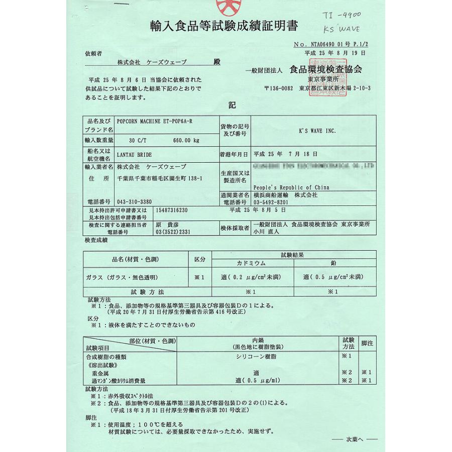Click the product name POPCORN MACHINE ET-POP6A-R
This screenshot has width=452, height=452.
click(x=150, y=121)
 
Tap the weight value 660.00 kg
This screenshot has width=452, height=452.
click(x=185, y=140)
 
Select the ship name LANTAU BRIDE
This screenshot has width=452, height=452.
click(x=134, y=155)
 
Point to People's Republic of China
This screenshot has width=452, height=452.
click(x=289, y=187)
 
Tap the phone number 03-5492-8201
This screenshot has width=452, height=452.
click(x=274, y=201)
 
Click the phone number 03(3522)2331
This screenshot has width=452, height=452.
click(x=173, y=232)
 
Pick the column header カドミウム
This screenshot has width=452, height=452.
click(x=251, y=263)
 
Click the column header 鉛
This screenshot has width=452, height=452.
click(x=334, y=263)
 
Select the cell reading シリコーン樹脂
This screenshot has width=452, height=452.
click(x=256, y=356)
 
